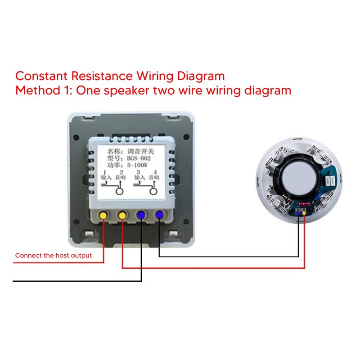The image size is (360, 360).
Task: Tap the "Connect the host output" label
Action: coord(54,256)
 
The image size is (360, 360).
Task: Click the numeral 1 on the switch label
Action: coord(104,173)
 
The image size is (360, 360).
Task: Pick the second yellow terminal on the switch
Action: coord(122,215)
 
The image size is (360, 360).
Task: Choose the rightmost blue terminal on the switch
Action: coord(159,215)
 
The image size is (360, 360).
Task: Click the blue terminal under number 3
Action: coord(141,215)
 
